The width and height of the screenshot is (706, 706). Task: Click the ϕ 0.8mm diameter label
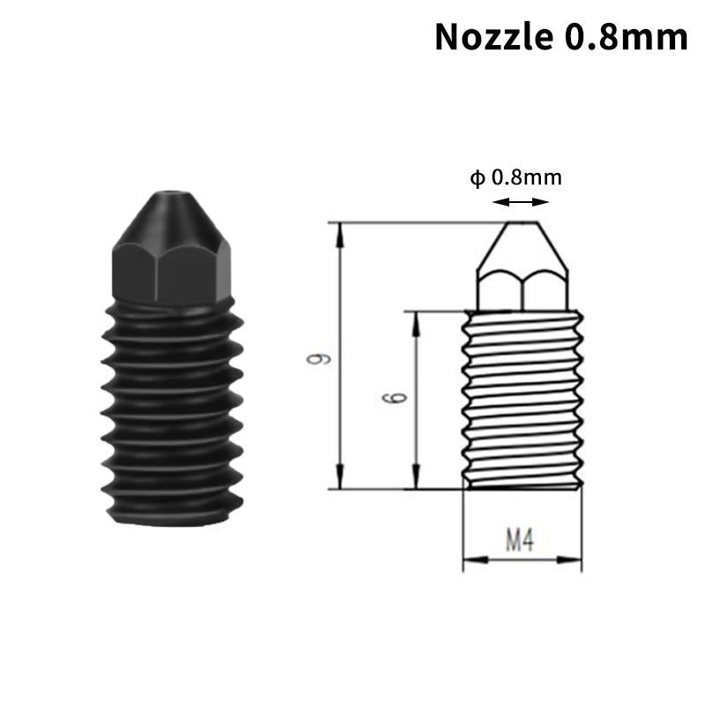pos(516,177)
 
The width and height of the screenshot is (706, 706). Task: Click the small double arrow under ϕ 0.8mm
pos(516,202)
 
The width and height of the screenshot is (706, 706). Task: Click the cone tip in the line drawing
pos(522,243)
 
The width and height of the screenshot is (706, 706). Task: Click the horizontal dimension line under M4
pos(523,559)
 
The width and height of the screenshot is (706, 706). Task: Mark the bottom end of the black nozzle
pos(168,521)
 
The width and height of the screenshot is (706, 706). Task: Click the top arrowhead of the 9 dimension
pos(339,228)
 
